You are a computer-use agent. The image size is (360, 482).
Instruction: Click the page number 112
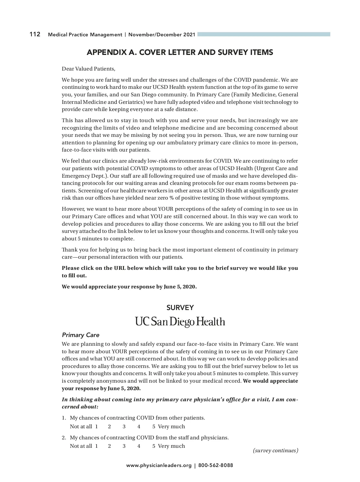point(35,34)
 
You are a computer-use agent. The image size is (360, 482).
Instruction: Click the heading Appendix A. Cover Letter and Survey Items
point(180,53)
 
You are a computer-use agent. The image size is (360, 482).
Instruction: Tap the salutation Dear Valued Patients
point(88,69)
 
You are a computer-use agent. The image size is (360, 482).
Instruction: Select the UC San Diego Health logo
point(180,322)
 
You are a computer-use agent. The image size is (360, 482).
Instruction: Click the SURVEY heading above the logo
point(180,308)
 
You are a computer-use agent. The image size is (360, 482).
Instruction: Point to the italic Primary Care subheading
point(80,335)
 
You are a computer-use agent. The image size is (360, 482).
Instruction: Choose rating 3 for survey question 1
point(124,426)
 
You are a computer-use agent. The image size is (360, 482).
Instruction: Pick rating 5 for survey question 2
point(154,446)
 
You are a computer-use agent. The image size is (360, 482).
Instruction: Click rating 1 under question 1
point(97,426)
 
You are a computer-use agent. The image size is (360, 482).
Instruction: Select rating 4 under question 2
point(139,446)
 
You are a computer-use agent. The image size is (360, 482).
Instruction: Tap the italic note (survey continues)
point(275,450)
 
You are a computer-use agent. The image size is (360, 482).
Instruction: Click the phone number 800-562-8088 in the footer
point(215,465)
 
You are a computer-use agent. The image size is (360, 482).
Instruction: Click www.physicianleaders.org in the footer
point(159,465)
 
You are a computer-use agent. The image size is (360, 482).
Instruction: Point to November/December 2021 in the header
point(162,35)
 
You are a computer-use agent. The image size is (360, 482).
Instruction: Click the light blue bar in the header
point(264,34)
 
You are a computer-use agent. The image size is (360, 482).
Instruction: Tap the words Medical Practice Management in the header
point(85,35)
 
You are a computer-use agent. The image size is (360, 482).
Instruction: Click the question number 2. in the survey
point(64,438)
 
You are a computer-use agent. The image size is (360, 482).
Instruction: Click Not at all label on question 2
point(81,446)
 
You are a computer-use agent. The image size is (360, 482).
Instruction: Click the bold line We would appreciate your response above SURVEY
point(129,287)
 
